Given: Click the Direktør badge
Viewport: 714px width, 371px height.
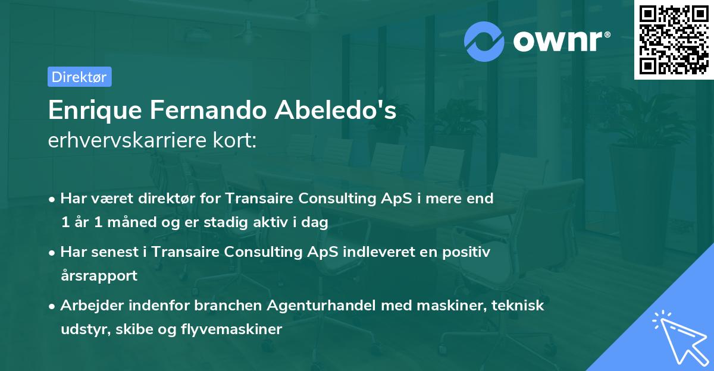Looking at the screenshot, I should pos(79,77).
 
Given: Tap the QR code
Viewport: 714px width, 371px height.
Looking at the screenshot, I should pos(672,39).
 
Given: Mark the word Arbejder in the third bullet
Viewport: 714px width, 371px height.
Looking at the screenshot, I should pos(89,305).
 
